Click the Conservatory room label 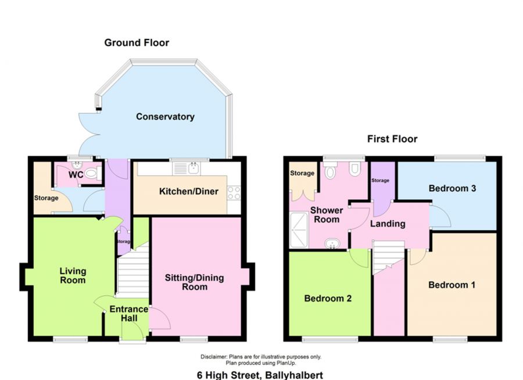(x=165, y=117)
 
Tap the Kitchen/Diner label (x=189, y=192)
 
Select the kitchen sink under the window (x=187, y=169)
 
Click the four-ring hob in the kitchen (x=234, y=193)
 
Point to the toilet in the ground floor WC (x=91, y=173)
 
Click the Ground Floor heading (x=137, y=42)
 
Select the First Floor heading (x=392, y=139)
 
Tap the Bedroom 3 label (x=452, y=188)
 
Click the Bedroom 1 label (x=452, y=285)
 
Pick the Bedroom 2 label (x=328, y=298)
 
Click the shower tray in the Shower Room (x=299, y=230)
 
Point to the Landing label (x=388, y=224)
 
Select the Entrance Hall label (x=129, y=314)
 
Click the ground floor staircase (x=133, y=271)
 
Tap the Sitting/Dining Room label (x=195, y=282)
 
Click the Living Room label (x=73, y=275)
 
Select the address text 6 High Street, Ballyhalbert (x=260, y=375)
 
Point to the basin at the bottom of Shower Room (x=332, y=243)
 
